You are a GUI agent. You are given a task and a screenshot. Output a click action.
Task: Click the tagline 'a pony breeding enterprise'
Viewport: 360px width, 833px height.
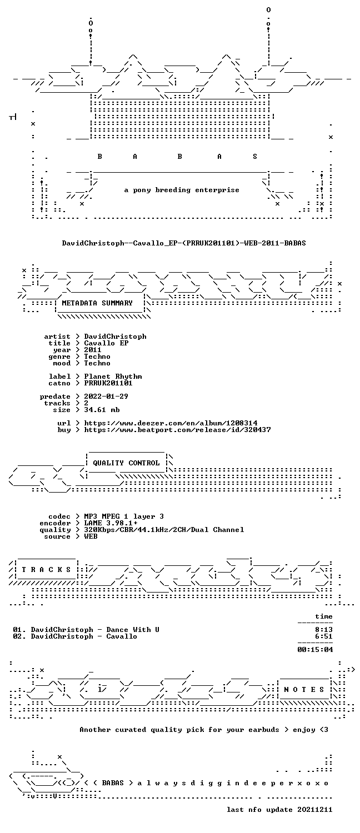pyautogui.click(x=182, y=190)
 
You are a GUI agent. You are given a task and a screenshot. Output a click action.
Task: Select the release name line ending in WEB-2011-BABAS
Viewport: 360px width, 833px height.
pyautogui.click(x=184, y=243)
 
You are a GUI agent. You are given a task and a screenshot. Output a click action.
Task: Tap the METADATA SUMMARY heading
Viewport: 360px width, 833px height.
pyautogui.click(x=97, y=303)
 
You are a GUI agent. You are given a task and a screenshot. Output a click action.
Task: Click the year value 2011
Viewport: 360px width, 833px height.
pyautogui.click(x=93, y=350)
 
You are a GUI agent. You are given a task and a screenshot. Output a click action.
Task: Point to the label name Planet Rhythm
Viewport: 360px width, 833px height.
pyautogui.click(x=113, y=377)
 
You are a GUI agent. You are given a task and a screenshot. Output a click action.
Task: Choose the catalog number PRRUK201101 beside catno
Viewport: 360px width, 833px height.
pyautogui.click(x=108, y=383)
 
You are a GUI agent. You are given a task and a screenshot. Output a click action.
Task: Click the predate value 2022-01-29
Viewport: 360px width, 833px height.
pyautogui.click(x=106, y=397)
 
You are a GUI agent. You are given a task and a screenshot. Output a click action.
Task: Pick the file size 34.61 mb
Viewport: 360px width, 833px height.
pyautogui.click(x=102, y=410)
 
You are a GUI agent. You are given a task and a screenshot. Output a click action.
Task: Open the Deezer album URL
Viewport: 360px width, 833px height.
pyautogui.click(x=171, y=423)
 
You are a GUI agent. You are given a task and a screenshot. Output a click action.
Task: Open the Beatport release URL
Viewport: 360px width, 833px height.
pyautogui.click(x=177, y=430)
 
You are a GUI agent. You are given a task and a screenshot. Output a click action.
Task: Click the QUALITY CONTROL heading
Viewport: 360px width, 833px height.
pyautogui.click(x=126, y=463)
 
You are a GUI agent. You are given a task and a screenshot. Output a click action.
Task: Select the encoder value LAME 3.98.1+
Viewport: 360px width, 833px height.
pyautogui.click(x=111, y=523)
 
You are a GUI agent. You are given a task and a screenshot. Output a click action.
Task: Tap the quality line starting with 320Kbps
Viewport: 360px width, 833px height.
pyautogui.click(x=164, y=530)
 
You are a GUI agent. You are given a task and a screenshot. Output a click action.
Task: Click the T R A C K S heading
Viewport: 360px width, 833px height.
pyautogui.click(x=46, y=570)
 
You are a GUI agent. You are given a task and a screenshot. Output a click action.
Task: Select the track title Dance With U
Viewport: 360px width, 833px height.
pyautogui.click(x=133, y=630)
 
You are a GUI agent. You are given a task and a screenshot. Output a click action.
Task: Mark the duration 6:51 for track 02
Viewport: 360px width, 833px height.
pyautogui.click(x=323, y=636)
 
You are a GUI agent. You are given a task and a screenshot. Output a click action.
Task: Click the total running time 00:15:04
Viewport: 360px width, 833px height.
pyautogui.click(x=314, y=650)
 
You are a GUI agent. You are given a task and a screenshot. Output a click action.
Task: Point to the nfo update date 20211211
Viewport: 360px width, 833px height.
pyautogui.click(x=314, y=810)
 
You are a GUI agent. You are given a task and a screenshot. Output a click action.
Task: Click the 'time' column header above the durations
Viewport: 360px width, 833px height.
pyautogui.click(x=323, y=616)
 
